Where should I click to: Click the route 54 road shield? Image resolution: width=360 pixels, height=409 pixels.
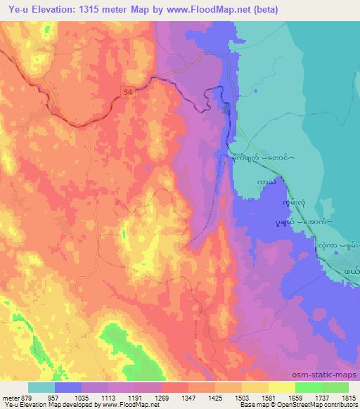coord(127,92)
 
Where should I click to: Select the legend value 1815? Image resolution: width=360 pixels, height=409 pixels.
coord(348,397)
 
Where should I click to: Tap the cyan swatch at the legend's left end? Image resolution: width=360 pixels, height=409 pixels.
coord(41,387)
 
